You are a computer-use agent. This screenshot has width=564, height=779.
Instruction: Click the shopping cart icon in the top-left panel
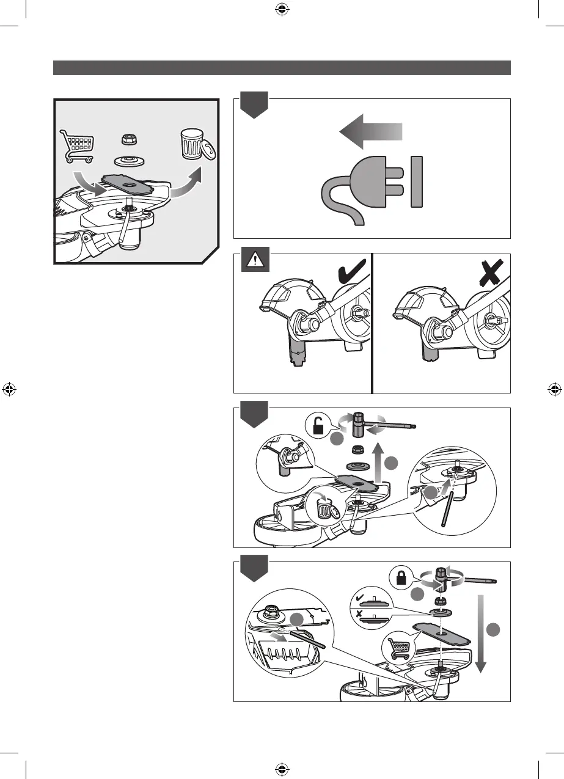[77, 145]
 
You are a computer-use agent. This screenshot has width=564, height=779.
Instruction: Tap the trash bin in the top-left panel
[194, 145]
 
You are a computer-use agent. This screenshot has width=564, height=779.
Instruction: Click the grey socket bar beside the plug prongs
[417, 181]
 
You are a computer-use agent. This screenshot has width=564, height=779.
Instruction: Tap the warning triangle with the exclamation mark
[252, 261]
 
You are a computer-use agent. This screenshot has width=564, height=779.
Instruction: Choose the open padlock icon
[318, 426]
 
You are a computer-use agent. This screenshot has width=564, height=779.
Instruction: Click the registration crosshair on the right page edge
[555, 389]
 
